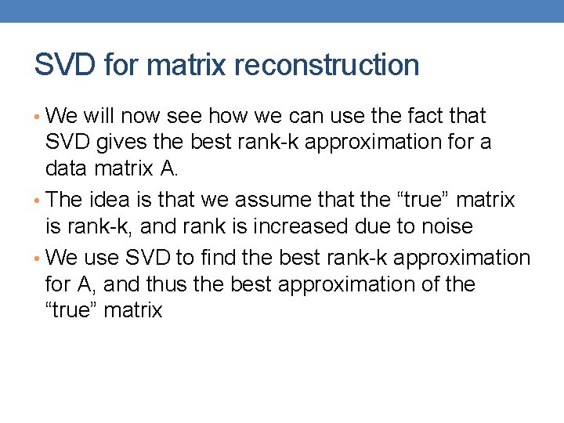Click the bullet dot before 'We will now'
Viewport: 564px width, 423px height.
point(38,117)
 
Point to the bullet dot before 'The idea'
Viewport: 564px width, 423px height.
point(38,201)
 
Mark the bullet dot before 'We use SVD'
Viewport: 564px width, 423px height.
point(38,258)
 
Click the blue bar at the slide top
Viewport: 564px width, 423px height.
point(282,11)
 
